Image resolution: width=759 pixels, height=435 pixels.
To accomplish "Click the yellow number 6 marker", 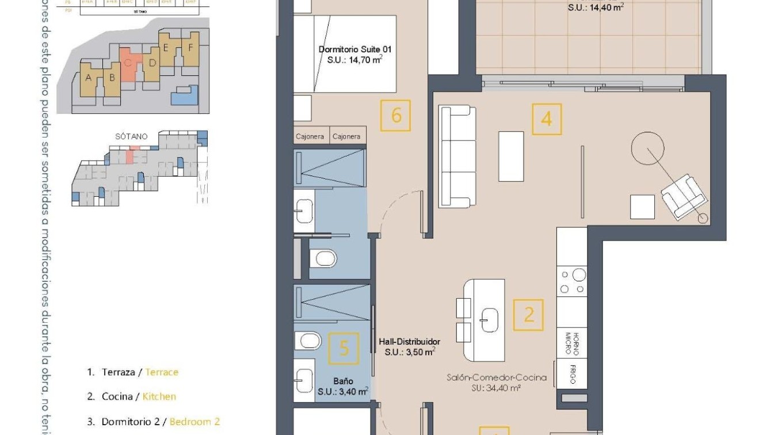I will click(396, 115).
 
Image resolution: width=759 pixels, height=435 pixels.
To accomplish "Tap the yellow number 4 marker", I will click(546, 119).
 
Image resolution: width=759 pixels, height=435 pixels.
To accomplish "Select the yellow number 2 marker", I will click(528, 314).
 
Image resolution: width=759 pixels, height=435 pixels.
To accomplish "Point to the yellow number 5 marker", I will click(344, 349).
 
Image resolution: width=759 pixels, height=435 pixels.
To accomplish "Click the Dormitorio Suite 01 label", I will click(350, 49).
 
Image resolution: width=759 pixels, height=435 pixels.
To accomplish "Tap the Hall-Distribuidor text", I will click(409, 341).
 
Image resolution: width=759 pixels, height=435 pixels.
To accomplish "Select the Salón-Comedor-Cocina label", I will click(496, 377).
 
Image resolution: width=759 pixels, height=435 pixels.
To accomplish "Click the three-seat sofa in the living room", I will click(457, 155).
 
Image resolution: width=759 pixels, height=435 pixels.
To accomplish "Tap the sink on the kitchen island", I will click(490, 320).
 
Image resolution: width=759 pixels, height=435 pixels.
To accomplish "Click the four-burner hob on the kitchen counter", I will click(572, 282).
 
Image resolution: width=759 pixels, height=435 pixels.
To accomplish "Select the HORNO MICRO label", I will click(572, 343).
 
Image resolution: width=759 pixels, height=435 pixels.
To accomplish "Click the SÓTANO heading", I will click(131, 136).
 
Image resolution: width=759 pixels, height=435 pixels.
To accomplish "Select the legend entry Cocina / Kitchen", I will click(139, 396).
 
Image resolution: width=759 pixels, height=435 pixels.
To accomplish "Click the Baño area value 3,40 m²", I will click(343, 391).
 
